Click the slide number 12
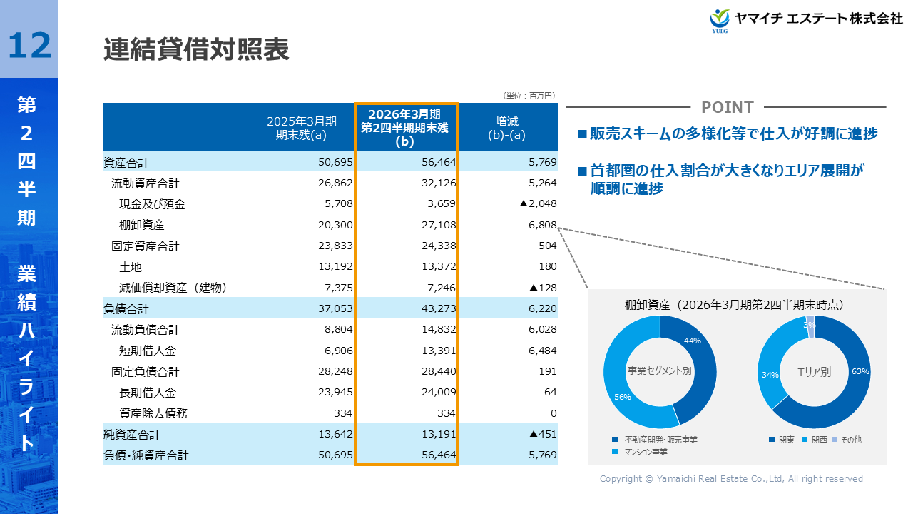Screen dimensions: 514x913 pyautogui.click(x=30, y=45)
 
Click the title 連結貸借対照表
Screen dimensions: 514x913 pyautogui.click(x=196, y=50)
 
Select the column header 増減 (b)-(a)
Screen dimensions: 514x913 pyautogui.click(x=507, y=127)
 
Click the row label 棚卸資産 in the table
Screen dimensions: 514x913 pyautogui.click(x=142, y=225)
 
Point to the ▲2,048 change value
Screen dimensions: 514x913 pyautogui.click(x=538, y=204)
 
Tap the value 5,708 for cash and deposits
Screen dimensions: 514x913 pyautogui.click(x=335, y=204)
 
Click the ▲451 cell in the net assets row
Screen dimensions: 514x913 pyautogui.click(x=542, y=434)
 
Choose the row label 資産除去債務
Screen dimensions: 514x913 pyautogui.click(x=153, y=413)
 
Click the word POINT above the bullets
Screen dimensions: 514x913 pyautogui.click(x=727, y=107)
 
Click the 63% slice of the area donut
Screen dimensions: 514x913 pyautogui.click(x=852, y=378)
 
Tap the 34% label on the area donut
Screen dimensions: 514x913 pyautogui.click(x=770, y=375)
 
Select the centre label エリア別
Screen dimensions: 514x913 pyautogui.click(x=814, y=372)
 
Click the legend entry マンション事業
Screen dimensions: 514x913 pyautogui.click(x=646, y=452)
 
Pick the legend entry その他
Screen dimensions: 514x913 pyautogui.click(x=851, y=440)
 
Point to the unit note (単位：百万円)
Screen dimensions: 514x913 pyautogui.click(x=529, y=96)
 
